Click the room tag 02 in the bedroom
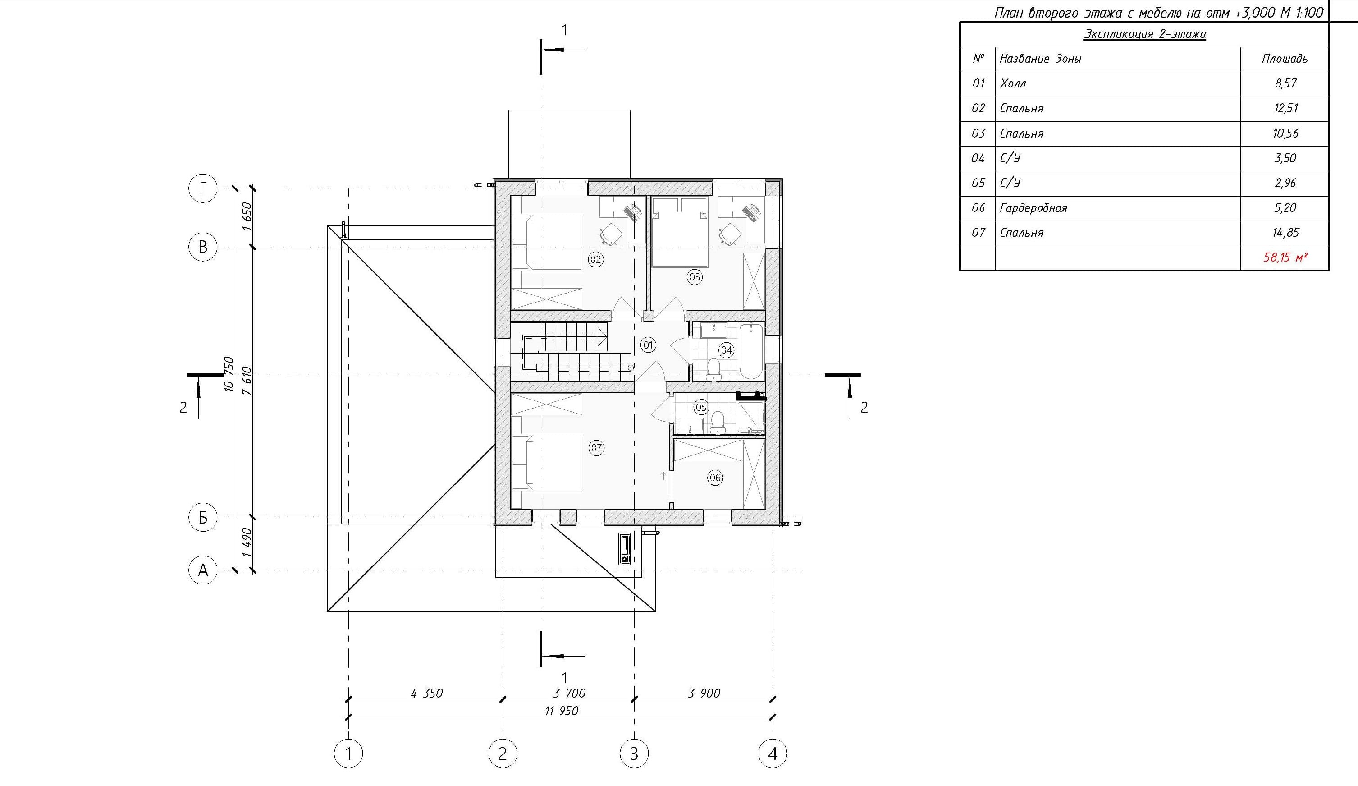595,259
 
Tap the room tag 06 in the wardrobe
715,477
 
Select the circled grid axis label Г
203,188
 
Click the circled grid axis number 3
634,753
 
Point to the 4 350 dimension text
426,693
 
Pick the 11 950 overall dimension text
561,711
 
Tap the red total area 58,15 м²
1285,257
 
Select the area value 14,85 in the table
1285,232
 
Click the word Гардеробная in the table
1033,207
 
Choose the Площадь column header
1284,59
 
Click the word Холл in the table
1013,83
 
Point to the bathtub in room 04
751,351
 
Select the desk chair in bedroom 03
730,234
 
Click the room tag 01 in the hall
648,345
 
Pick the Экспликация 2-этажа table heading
1145,34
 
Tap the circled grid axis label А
203,570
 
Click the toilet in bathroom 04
713,369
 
